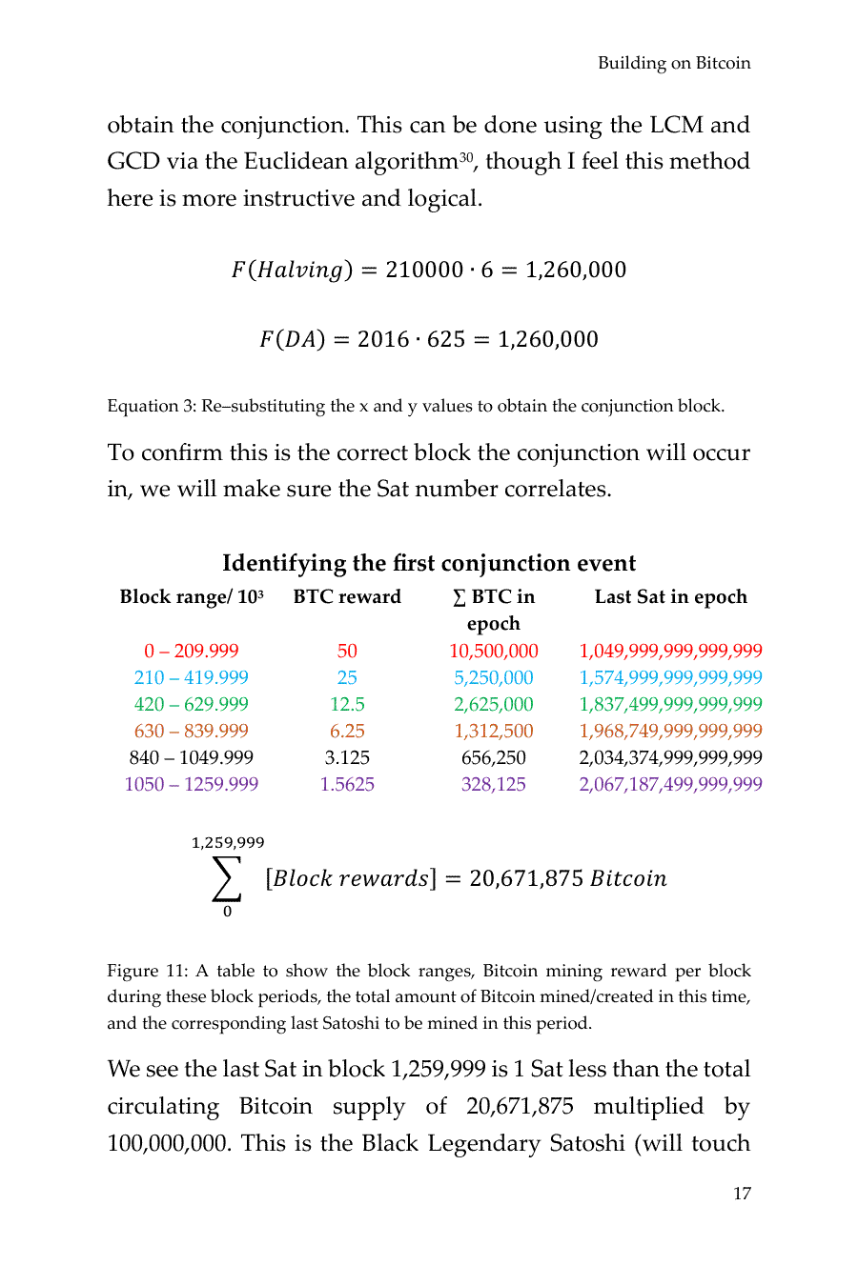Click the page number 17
click(742, 1194)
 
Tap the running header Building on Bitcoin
click(674, 63)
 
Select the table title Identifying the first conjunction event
click(429, 563)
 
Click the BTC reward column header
click(347, 597)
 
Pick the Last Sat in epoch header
click(670, 597)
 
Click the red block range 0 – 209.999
click(191, 651)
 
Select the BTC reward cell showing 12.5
click(347, 704)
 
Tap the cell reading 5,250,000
click(493, 677)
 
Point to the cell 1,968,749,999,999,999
click(670, 731)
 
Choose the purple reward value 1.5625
click(347, 784)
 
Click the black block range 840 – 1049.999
click(191, 757)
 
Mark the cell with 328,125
click(493, 784)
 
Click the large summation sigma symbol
click(227, 878)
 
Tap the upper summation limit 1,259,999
click(228, 843)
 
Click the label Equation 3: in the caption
click(151, 406)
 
